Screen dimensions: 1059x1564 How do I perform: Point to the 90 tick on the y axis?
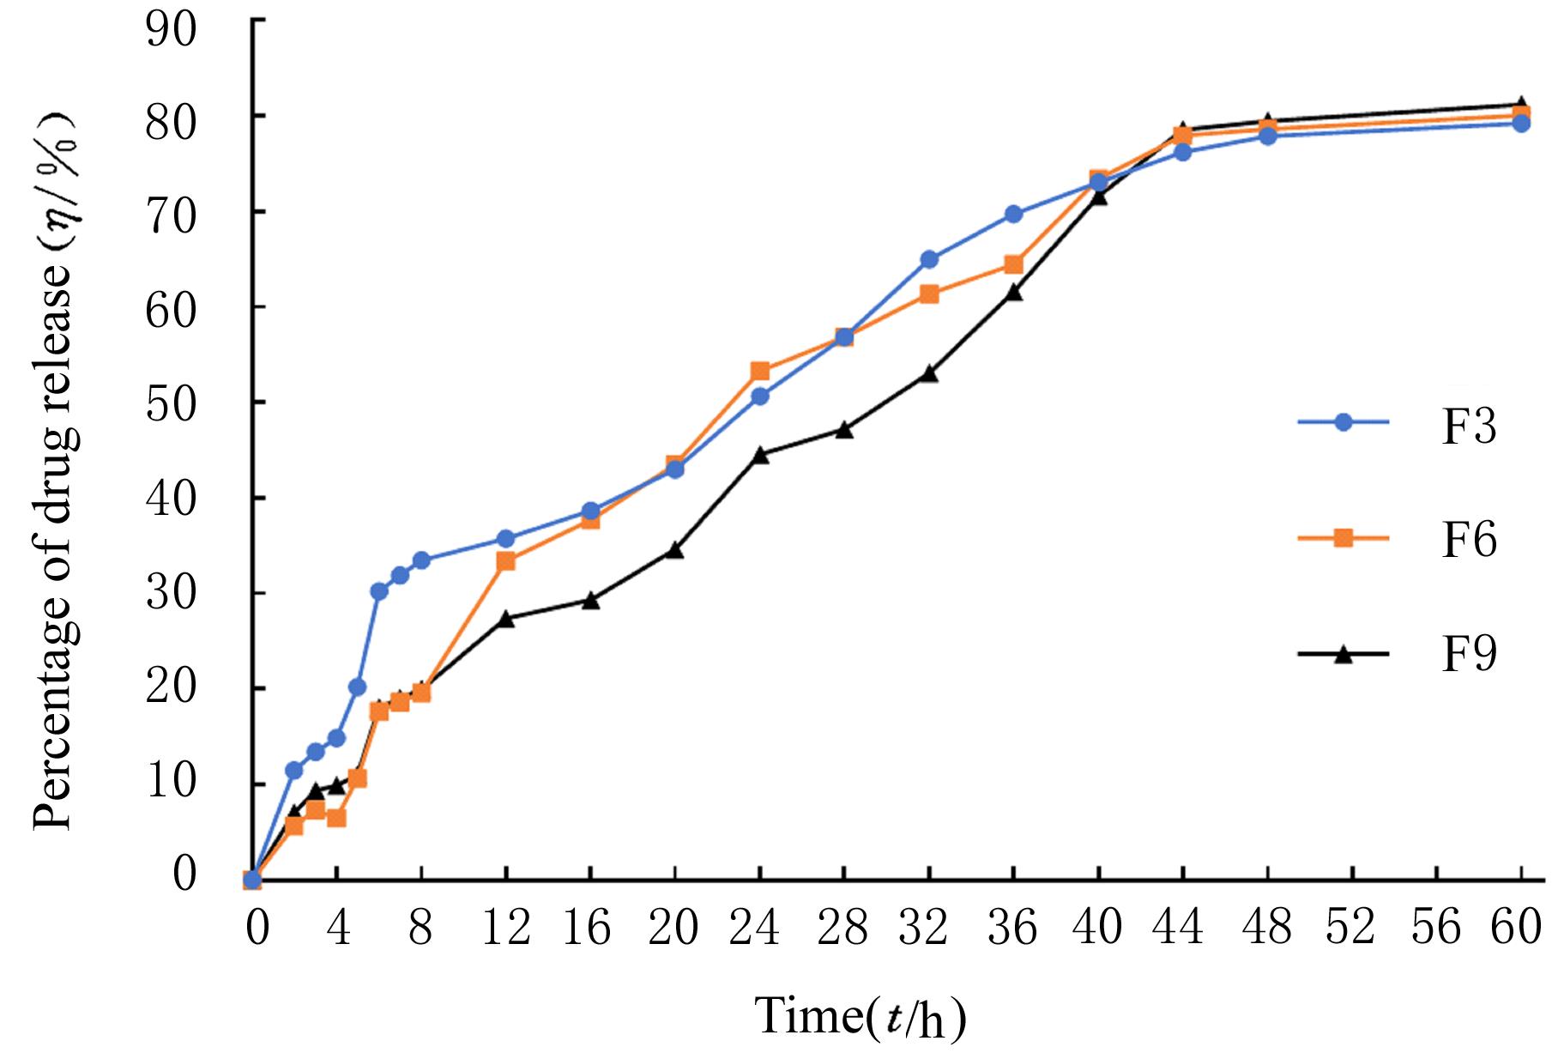172,28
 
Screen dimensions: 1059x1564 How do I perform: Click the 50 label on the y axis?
172,402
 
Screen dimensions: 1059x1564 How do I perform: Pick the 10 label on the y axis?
172,784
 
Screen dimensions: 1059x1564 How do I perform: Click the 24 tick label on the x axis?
754,928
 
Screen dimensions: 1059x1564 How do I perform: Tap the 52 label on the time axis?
1350,928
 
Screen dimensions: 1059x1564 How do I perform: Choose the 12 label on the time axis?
504,928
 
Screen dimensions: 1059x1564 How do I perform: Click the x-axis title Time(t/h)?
861,1017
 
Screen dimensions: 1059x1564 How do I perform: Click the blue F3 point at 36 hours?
1013,214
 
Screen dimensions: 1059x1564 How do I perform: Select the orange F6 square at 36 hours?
1013,264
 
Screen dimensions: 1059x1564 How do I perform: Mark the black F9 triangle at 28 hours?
844,430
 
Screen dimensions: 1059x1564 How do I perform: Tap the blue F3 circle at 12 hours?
505,539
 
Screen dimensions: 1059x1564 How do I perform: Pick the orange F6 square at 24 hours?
759,372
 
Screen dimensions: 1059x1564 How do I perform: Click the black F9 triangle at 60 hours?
1521,105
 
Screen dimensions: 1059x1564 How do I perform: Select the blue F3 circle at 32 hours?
929,259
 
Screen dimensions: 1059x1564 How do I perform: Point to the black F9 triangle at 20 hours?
674,550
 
